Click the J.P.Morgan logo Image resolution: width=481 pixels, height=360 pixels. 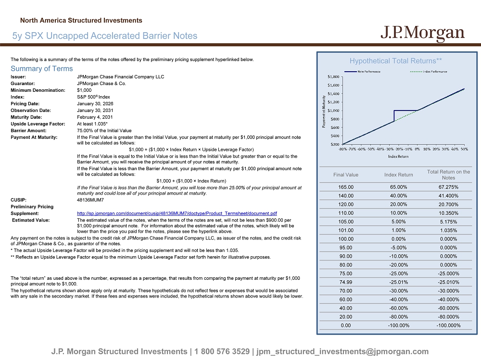point(423,33)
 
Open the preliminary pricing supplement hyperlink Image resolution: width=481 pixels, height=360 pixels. point(177,213)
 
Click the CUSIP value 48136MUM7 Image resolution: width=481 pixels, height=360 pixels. point(90,199)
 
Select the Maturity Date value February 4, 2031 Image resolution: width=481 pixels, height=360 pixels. point(95,117)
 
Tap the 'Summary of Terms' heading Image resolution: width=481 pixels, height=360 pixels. point(42,69)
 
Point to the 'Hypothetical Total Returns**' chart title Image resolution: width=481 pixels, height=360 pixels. point(395,61)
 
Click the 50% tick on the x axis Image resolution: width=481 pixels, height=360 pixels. point(464,149)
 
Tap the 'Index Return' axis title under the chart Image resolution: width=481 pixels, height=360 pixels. point(398,156)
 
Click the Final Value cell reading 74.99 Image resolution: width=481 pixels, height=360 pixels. point(346,282)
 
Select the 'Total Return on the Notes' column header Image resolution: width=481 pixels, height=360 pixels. point(448,174)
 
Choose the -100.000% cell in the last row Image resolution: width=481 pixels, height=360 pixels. point(448,325)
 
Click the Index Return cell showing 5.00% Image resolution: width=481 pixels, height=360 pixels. point(399,222)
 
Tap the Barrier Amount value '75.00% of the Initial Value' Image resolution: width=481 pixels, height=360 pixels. point(104,130)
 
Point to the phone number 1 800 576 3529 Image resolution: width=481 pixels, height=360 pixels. point(223,352)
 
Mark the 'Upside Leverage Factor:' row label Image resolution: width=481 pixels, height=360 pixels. point(38,124)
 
